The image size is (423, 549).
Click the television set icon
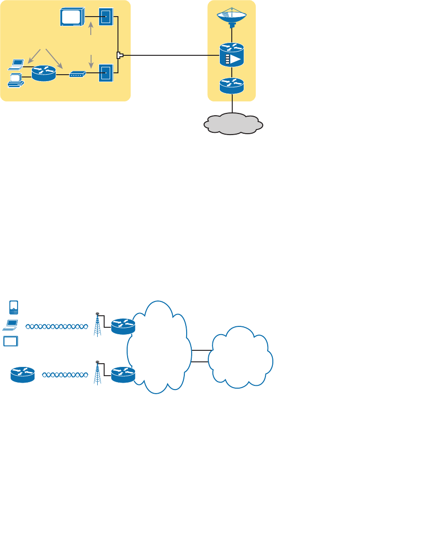(x=72, y=17)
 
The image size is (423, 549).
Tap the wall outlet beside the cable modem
(x=106, y=73)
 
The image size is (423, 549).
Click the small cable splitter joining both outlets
(x=120, y=56)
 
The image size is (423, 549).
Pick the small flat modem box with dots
(x=77, y=74)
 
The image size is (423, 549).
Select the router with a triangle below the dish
(x=232, y=55)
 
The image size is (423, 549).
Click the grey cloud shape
(x=233, y=124)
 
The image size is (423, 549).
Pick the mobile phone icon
(x=14, y=307)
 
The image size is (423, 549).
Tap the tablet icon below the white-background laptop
(x=11, y=342)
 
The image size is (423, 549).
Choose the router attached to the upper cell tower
(x=123, y=326)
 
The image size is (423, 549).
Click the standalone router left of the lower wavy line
(x=23, y=374)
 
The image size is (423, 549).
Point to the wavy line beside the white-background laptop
(x=56, y=327)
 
